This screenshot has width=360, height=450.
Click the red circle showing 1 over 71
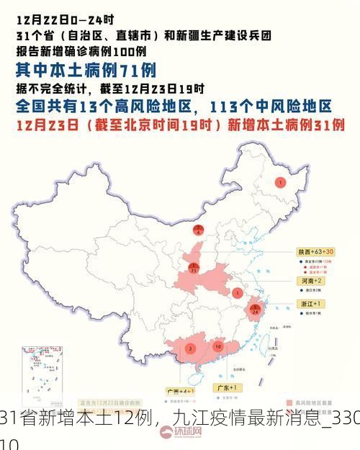pyautogui.click(x=193, y=269)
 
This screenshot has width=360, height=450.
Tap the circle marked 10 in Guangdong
pyautogui.click(x=218, y=346)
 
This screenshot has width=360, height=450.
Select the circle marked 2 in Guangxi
pyautogui.click(x=189, y=348)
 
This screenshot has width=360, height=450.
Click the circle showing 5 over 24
pyautogui.click(x=255, y=310)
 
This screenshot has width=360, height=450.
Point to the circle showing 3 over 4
pyautogui.click(x=199, y=230)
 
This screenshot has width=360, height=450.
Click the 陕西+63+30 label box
pyautogui.click(x=315, y=252)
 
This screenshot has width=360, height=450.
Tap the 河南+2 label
pyautogui.click(x=305, y=280)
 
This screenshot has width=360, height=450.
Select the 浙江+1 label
pyautogui.click(x=306, y=305)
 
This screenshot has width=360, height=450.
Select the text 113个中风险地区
pyautogui.click(x=271, y=107)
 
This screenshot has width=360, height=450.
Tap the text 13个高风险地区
pyautogui.click(x=138, y=107)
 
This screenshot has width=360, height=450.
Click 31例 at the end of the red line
pyautogui.click(x=327, y=125)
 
